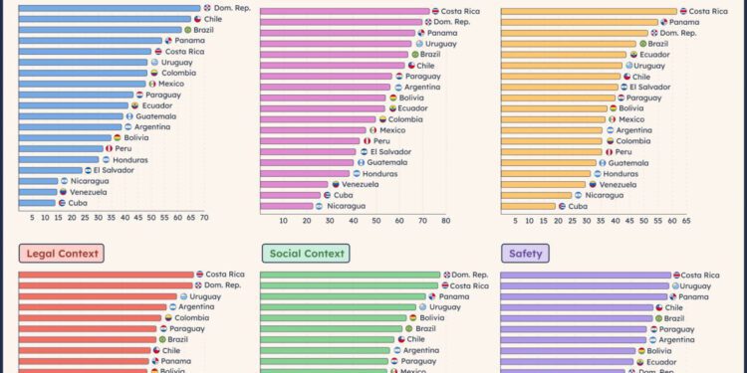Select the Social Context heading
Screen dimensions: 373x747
pyautogui.click(x=305, y=254)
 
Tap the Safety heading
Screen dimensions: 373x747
pyautogui.click(x=525, y=254)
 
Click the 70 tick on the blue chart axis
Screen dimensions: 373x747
pyautogui.click(x=204, y=218)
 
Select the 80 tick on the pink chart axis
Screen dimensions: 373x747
pyautogui.click(x=445, y=221)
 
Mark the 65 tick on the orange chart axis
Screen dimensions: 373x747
pyautogui.click(x=686, y=221)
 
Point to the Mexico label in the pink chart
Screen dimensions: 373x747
pyautogui.click(x=392, y=130)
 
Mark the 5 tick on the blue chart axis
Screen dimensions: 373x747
pyautogui.click(x=32, y=218)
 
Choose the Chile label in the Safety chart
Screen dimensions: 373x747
pyautogui.click(x=673, y=307)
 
